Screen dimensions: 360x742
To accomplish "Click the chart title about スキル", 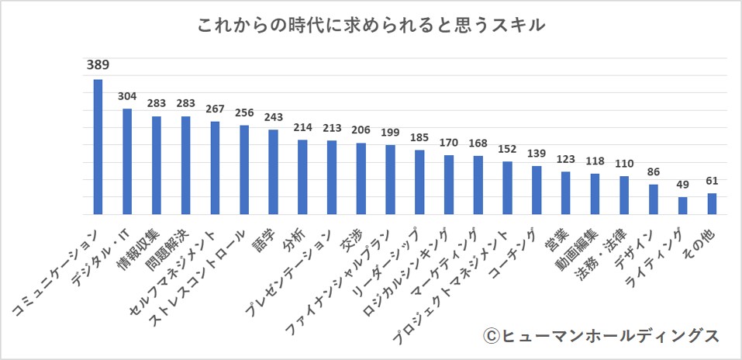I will click(x=371, y=26).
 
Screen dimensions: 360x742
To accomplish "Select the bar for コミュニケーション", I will click(x=98, y=147).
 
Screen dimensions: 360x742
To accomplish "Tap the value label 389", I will click(x=98, y=65).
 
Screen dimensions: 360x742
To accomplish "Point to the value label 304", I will click(x=127, y=97).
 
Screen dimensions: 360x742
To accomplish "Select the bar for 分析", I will click(x=302, y=177).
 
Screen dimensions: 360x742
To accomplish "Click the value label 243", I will click(x=273, y=118).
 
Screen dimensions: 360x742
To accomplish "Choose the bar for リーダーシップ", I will click(x=419, y=182).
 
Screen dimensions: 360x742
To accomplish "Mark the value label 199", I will click(x=390, y=133).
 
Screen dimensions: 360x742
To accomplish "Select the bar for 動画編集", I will click(x=595, y=194).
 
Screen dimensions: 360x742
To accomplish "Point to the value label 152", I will click(x=507, y=149).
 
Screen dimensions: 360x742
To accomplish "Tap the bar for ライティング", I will click(x=682, y=206).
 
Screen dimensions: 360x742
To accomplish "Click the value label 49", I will click(x=682, y=185).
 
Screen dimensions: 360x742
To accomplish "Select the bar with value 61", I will click(x=712, y=204).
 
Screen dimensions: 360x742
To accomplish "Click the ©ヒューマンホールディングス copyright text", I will click(x=601, y=335).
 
